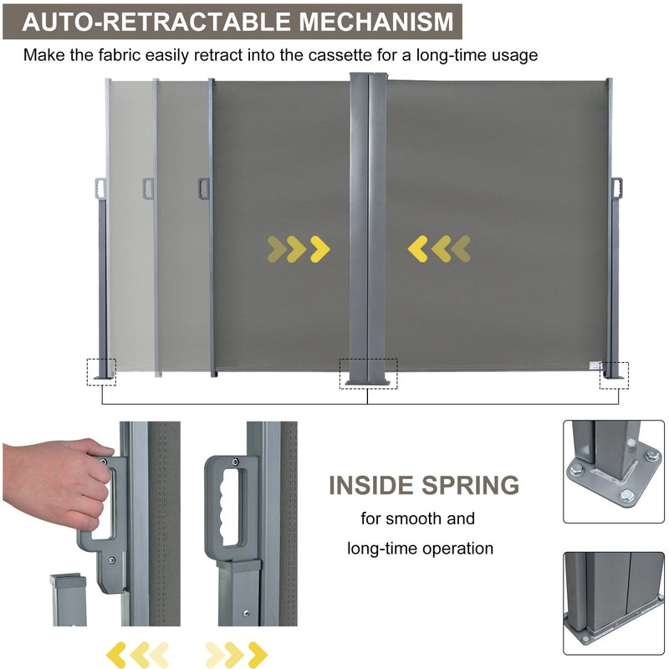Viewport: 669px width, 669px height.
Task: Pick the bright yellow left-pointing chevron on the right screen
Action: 418,248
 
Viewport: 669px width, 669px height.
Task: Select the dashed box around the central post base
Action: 368,374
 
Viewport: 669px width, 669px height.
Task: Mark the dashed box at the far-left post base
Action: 100,371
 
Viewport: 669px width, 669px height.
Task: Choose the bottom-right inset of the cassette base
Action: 614,603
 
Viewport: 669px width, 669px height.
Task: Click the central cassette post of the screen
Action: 368,226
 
